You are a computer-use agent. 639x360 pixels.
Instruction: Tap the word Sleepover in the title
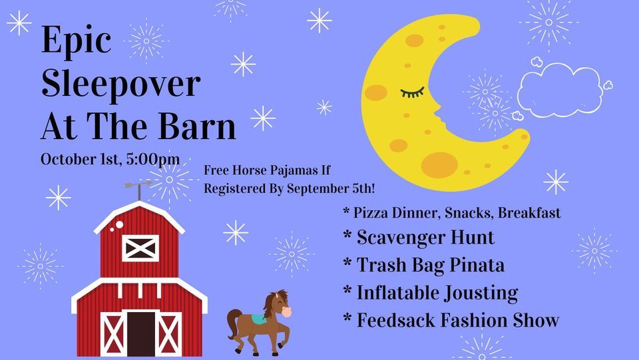(120, 85)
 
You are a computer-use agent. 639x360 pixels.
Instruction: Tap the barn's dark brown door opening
(141, 333)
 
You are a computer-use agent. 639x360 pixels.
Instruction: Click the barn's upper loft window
(140, 248)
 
